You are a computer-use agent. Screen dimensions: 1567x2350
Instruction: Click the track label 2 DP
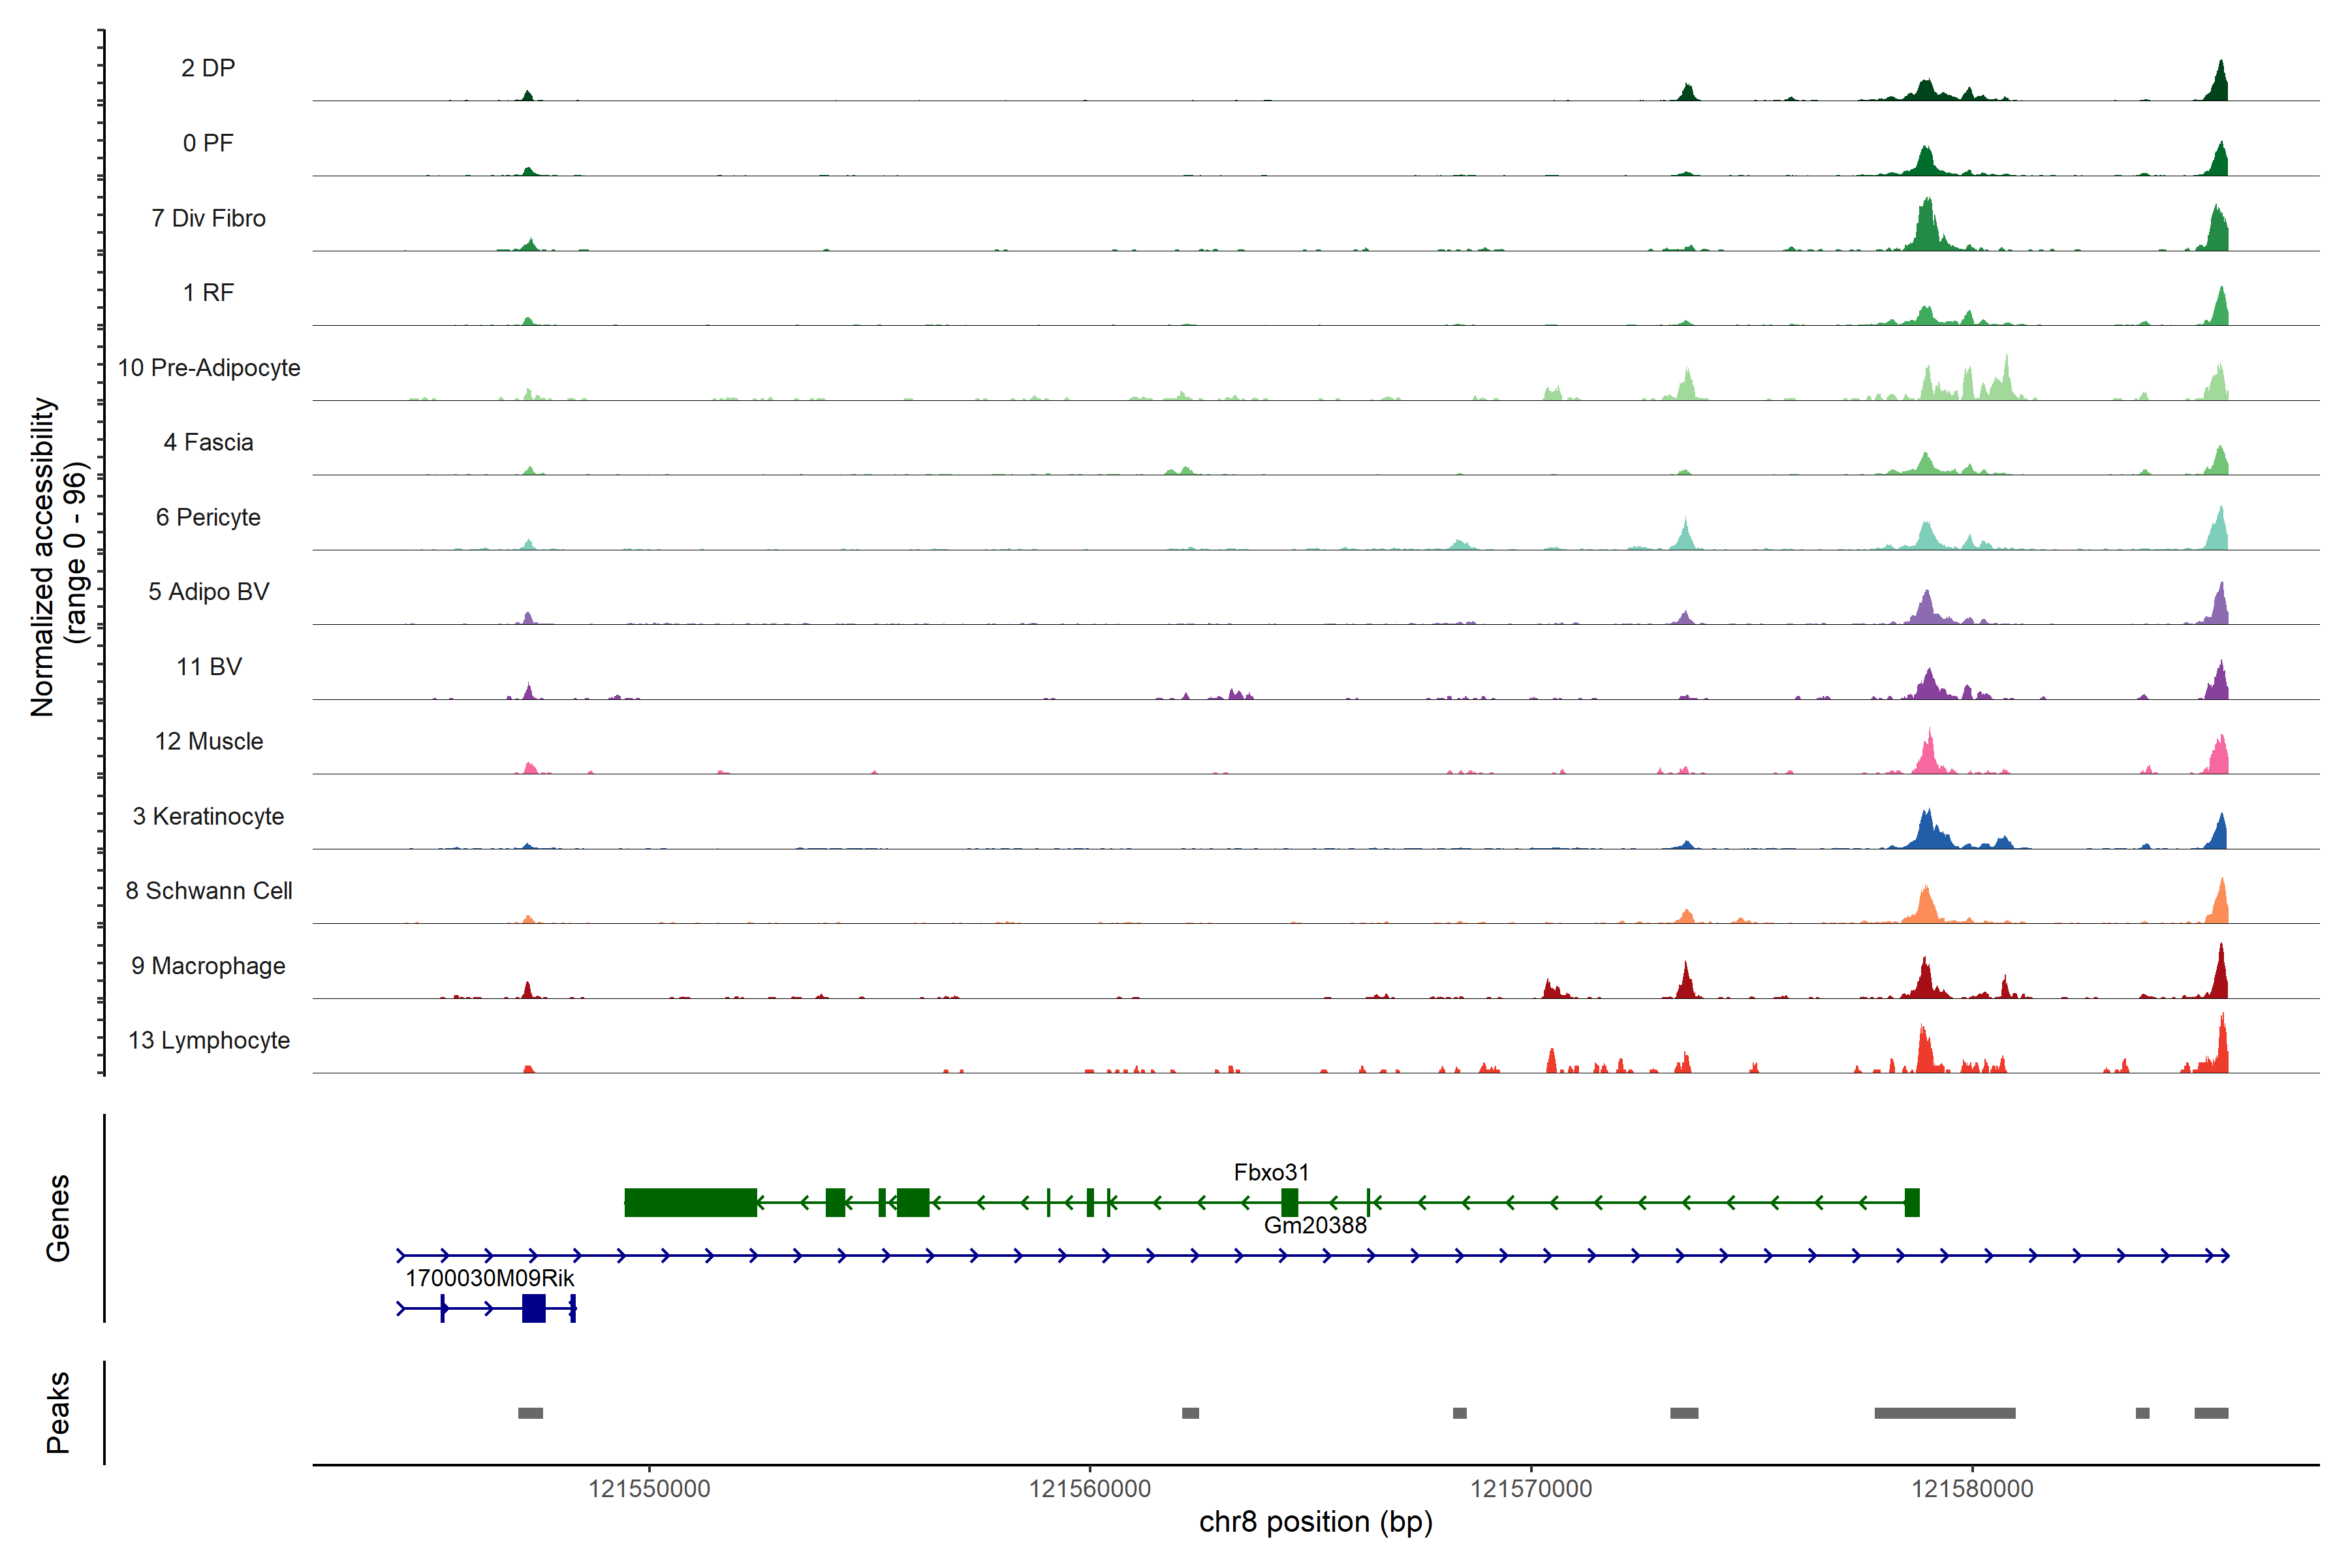tap(208, 68)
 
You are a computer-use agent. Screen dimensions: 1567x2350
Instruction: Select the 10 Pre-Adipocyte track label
tap(209, 368)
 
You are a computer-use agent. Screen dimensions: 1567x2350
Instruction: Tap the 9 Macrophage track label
tap(208, 966)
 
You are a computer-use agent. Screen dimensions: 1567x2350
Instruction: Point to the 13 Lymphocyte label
tap(209, 1040)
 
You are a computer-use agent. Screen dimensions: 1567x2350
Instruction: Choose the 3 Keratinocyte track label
tap(208, 817)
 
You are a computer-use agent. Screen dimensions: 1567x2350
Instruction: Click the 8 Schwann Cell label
tap(209, 891)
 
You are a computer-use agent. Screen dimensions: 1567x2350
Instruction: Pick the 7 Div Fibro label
tap(208, 218)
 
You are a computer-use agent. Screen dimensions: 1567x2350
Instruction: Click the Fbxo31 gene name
tap(1271, 1172)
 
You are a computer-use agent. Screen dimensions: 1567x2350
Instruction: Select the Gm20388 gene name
tap(1315, 1226)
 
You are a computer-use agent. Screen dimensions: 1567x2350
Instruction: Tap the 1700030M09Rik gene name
tap(490, 1278)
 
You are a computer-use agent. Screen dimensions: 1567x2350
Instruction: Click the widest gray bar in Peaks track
tap(1945, 1413)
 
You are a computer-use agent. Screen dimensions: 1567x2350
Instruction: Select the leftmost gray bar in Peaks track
tap(531, 1413)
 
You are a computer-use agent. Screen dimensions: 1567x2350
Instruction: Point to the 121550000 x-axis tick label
tap(650, 1489)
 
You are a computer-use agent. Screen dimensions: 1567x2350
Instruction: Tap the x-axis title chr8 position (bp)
tap(1316, 1522)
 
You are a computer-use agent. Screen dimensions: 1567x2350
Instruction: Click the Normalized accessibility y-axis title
tap(43, 557)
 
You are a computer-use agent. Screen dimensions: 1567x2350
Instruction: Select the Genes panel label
tap(58, 1218)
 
